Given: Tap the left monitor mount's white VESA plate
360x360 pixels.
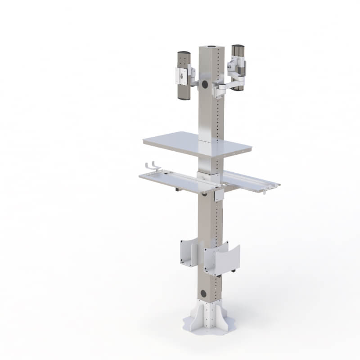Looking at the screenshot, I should click(x=182, y=76).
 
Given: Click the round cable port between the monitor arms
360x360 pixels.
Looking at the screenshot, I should click(x=205, y=84).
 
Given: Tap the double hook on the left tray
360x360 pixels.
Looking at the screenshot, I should click(x=153, y=166).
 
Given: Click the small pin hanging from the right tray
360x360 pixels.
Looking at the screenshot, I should click(x=264, y=192).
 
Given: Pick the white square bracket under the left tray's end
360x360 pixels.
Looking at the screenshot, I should click(x=219, y=194).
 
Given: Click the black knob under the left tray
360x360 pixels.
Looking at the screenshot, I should click(x=177, y=191).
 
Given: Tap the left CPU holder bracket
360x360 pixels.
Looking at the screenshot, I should click(x=186, y=253).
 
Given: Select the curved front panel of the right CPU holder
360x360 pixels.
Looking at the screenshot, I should click(x=228, y=260).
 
